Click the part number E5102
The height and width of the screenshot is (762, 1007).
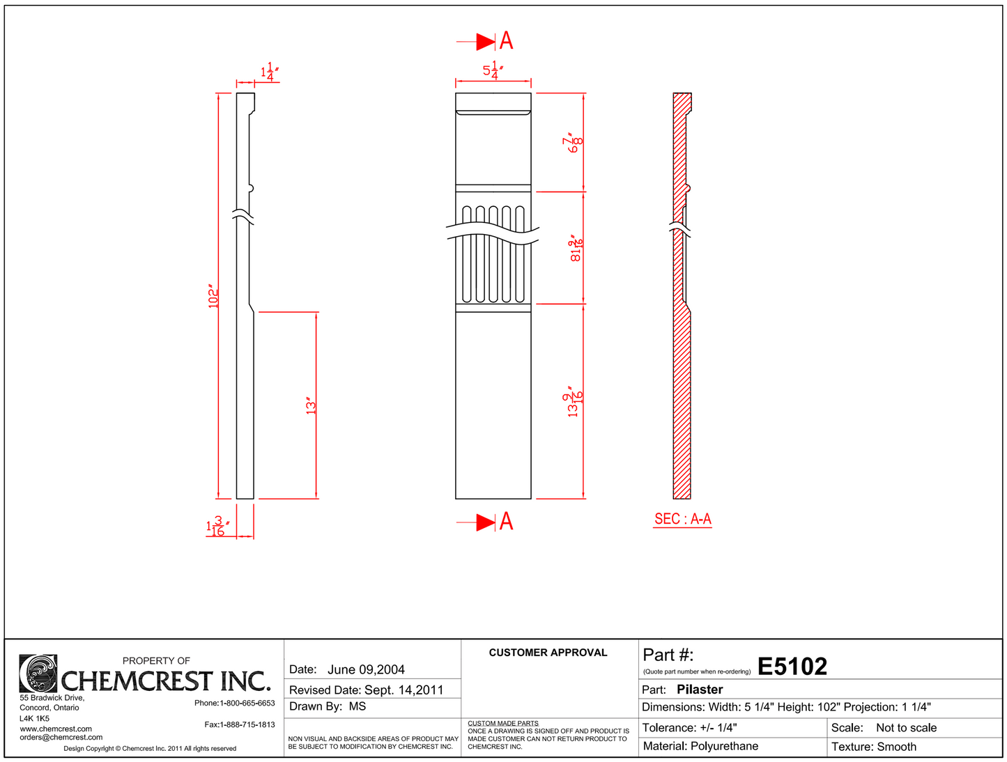[792, 667]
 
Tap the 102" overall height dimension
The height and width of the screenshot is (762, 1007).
[213, 297]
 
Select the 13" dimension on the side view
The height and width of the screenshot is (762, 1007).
[311, 405]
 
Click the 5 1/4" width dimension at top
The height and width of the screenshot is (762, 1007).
[493, 70]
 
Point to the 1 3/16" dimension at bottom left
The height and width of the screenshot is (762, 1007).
[217, 527]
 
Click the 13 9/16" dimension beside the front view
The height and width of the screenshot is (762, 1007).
[574, 402]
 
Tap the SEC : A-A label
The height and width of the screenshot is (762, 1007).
[682, 519]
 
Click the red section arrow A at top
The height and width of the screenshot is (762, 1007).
[495, 41]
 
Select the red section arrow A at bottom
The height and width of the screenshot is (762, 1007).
[495, 522]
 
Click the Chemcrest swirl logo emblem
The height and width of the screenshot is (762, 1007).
[38, 673]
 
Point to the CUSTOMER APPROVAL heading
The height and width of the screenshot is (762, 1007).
[548, 653]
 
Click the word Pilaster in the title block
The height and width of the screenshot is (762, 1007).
[700, 690]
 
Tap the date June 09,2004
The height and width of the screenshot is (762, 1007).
[366, 669]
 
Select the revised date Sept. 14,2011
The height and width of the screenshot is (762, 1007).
[404, 690]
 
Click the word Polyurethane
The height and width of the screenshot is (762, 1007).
[724, 746]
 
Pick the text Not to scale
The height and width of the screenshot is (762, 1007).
[906, 728]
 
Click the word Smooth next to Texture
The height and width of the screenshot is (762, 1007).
[897, 747]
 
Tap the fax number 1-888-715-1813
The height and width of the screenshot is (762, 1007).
[247, 724]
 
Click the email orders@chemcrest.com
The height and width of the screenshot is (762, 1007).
[61, 737]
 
